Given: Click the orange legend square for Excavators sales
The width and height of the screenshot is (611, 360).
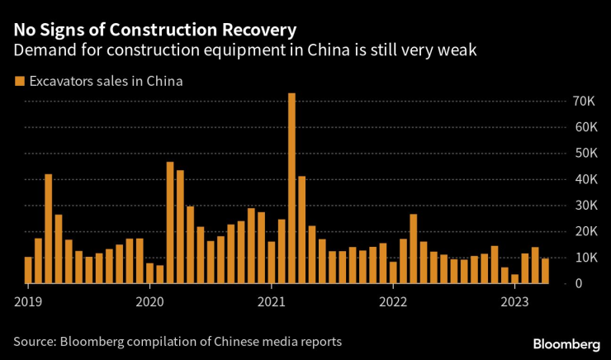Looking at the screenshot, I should point(19,81).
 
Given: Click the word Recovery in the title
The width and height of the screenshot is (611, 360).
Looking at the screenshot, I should point(256,31).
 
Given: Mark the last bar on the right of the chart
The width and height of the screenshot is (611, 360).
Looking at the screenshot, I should point(545,271).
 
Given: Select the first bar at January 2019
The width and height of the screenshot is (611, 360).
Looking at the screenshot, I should point(28,270).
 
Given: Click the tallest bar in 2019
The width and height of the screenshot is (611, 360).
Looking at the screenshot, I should point(49,229).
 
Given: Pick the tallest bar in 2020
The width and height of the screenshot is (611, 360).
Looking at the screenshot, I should point(170,222).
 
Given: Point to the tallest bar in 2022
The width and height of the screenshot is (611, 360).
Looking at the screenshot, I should point(413,249).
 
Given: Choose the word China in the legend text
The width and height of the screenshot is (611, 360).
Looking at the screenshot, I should point(164,81).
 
